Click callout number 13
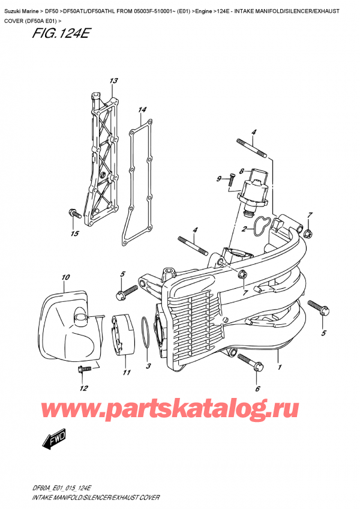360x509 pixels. (x=113, y=81)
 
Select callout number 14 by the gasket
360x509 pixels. (x=142, y=110)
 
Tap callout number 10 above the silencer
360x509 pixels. (x=65, y=277)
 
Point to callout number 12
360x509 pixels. (x=83, y=388)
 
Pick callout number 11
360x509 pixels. (x=127, y=373)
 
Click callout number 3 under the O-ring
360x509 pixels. (x=148, y=366)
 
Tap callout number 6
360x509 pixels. (x=257, y=388)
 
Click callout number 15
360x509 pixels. (x=74, y=233)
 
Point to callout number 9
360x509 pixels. (x=219, y=178)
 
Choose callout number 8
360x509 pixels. (x=241, y=170)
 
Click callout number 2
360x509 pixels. (x=245, y=229)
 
